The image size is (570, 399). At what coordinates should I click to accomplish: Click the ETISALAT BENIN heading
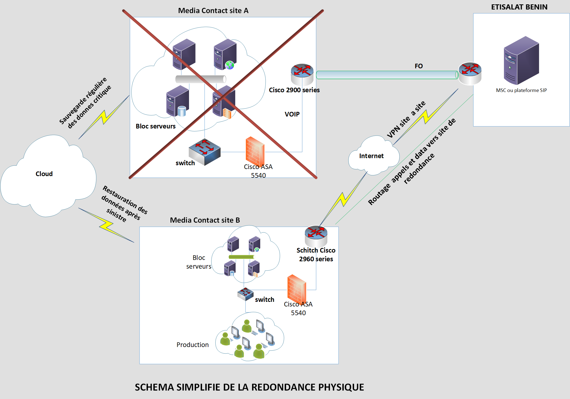coord(519,7)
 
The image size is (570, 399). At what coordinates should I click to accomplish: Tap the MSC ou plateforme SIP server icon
coord(521,60)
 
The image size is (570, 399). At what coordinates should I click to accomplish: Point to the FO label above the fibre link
coord(419,66)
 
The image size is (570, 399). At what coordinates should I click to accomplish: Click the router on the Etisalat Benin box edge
coord(470,73)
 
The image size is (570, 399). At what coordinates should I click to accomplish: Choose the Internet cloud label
coord(371,156)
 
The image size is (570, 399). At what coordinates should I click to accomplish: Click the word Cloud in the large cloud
coord(44,174)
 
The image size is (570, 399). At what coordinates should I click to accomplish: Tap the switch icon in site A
coord(205,152)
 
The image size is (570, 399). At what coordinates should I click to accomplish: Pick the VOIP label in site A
coord(292,114)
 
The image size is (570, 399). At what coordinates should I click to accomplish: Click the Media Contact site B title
coord(205,220)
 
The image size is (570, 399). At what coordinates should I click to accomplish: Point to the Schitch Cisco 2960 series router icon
coord(316,235)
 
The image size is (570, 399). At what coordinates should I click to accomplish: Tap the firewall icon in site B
coord(297,289)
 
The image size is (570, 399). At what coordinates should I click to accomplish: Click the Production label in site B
coord(193,345)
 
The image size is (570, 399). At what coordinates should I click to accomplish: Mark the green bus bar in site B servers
coord(241,257)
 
